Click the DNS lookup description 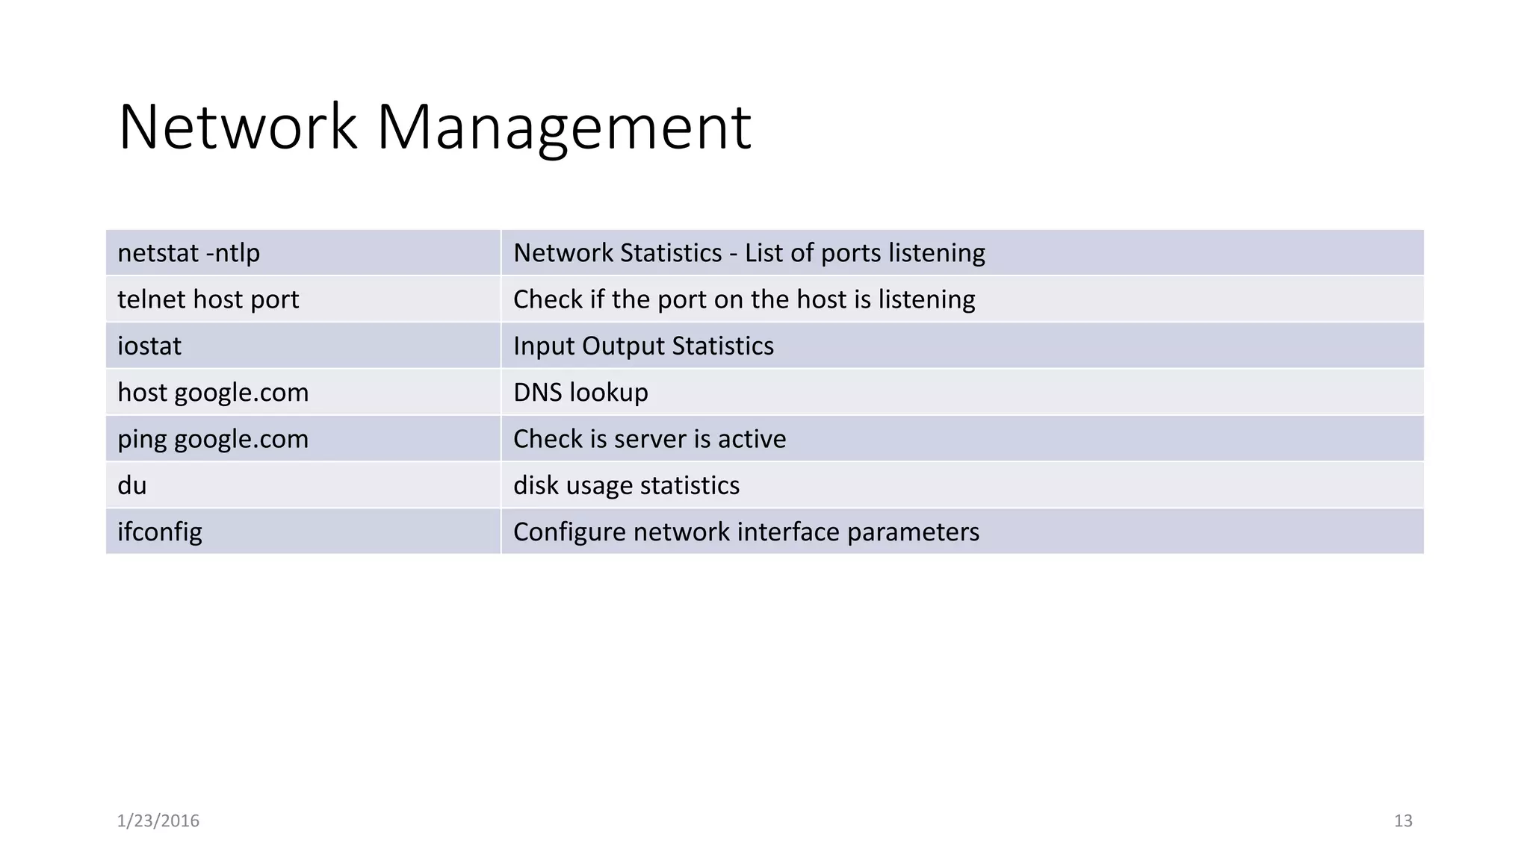(580, 393)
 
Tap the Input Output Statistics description (643, 346)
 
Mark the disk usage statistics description (626, 485)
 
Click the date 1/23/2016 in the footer (158, 820)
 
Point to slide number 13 (1402, 820)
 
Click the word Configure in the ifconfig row (569, 532)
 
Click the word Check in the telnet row (548, 299)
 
